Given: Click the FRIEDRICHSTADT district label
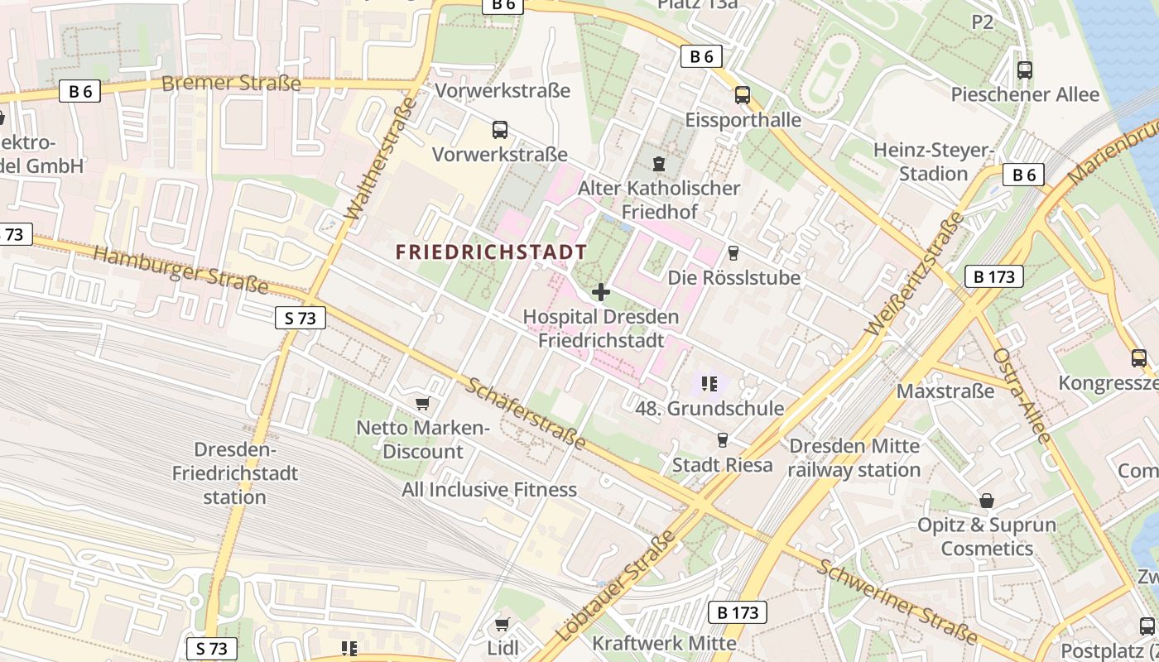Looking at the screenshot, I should pos(491,252).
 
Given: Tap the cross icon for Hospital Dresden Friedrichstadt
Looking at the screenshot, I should pos(601,292).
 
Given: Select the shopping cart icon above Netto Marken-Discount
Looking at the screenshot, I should pos(422,404).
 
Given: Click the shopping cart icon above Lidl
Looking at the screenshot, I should pos(502,624).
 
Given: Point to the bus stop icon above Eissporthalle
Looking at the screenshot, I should pos(742,95).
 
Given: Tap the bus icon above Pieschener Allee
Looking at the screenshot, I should pos(1024,70).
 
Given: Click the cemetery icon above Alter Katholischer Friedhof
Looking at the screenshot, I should pos(658,164).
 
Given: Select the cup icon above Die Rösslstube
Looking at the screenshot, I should pos(733,253).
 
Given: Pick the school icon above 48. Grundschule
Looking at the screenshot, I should pos(709,383).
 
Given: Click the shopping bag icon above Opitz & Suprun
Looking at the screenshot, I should pos(986,501).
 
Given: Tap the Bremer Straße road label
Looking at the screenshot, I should pos(231,84).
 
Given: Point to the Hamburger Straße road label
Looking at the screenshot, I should pos(180,269).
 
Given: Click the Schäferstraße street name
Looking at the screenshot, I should pos(526,414).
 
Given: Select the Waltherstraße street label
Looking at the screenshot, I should pos(380,160).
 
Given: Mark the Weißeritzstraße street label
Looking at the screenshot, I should pos(914,274).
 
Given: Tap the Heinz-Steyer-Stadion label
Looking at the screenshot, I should pos(933,162).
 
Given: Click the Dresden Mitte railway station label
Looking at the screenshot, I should pos(854,458).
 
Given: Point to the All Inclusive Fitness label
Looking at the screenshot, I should pos(489,490).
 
